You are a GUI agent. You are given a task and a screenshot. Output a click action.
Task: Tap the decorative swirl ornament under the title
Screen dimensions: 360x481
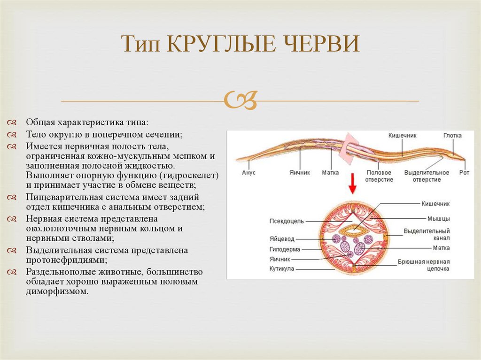point(240,100)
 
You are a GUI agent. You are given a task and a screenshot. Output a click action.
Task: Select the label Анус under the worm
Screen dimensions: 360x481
point(249,173)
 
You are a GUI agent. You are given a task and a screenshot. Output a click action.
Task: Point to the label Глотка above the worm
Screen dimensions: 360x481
point(452,136)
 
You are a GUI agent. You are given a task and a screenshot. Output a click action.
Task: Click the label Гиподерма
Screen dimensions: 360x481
point(285,250)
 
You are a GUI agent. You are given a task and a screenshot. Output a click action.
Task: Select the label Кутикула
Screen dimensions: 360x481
point(282,269)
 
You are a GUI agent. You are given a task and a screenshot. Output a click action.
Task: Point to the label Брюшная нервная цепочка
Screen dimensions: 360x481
point(424,265)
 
